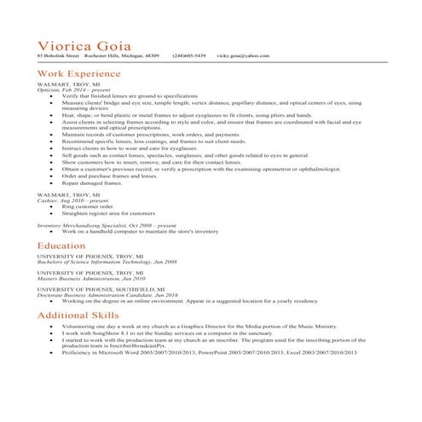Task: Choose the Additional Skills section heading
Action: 78,315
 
